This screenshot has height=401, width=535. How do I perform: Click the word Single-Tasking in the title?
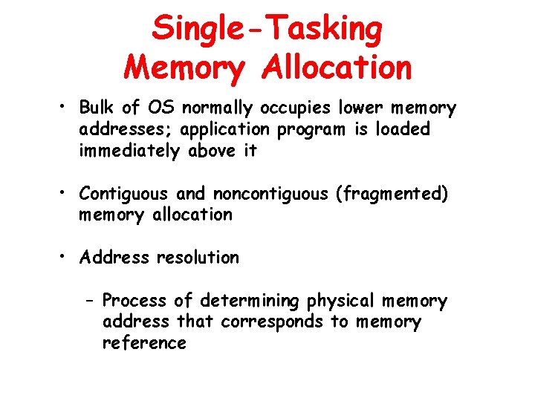267,29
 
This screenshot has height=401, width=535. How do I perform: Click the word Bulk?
97,108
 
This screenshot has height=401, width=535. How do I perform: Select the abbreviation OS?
158,108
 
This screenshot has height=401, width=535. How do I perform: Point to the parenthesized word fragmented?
392,194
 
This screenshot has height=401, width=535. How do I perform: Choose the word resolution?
198,258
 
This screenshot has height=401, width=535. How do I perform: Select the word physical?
340,301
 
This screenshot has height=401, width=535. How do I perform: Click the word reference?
144,342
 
